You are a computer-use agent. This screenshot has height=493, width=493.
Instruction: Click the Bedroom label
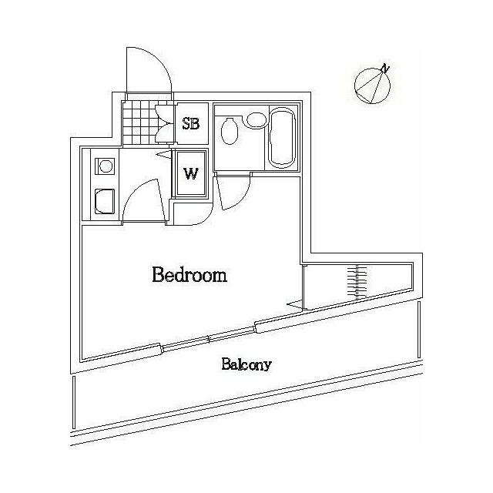pos(189,274)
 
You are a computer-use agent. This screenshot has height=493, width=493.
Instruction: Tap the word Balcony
pos(246,364)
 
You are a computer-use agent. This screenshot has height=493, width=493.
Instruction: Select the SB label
pos(191,123)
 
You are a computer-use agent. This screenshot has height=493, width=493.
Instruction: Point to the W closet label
pos(191,173)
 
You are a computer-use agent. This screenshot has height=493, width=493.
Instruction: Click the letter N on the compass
pos(385,68)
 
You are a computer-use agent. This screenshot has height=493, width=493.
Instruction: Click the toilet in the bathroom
pos(229,131)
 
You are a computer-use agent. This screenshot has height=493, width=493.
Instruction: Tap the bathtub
pos(283,137)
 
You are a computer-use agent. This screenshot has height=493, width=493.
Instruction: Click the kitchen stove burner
pos(105,166)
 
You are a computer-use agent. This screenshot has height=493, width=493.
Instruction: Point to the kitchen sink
pos(105,200)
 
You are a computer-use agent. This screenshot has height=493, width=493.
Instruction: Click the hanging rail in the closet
pos(357,282)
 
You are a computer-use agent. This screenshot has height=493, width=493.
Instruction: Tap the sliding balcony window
pos(209,339)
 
